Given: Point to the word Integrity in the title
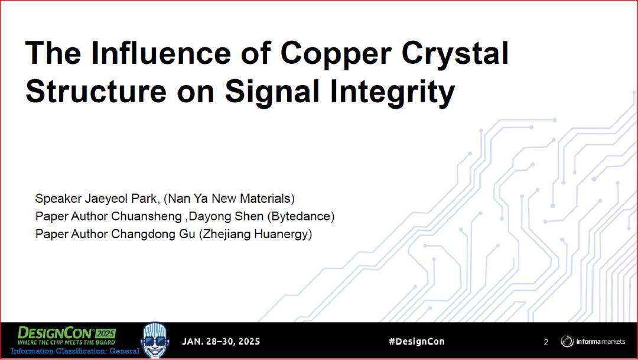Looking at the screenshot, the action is tap(392, 92).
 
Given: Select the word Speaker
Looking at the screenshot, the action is tap(58, 199).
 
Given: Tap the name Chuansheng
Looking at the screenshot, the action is tap(146, 216).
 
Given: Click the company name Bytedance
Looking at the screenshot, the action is tap(301, 216).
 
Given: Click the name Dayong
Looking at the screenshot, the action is tap(205, 216).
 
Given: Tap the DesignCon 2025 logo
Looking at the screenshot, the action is tap(66, 336).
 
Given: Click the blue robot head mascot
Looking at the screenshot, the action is tap(155, 340).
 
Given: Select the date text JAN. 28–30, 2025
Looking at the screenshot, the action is tap(221, 341).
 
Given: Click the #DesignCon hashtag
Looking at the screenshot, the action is tap(416, 341).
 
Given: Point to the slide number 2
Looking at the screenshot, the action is tap(546, 342).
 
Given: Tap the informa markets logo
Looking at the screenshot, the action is tap(593, 341).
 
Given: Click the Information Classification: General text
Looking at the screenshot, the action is tap(75, 351).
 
